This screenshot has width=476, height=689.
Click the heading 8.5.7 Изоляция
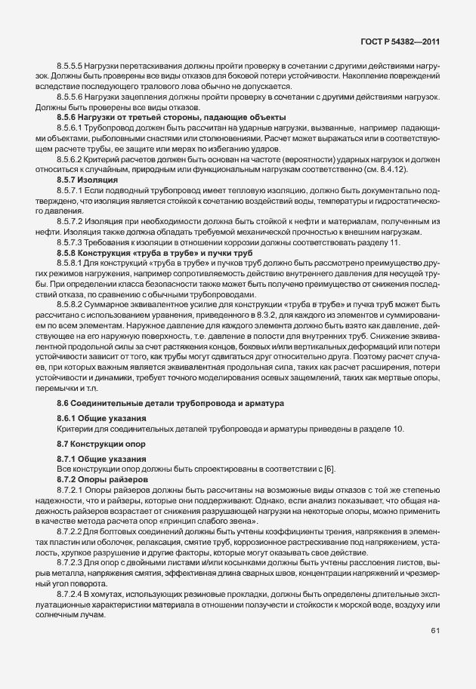tap(87, 181)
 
